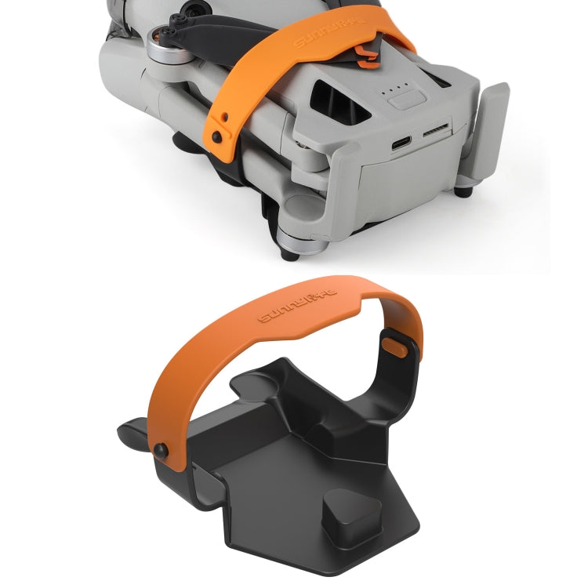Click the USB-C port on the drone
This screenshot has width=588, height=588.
point(401,143)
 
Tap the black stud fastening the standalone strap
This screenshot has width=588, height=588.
point(160,449)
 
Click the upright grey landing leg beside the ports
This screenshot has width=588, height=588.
point(487,132)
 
